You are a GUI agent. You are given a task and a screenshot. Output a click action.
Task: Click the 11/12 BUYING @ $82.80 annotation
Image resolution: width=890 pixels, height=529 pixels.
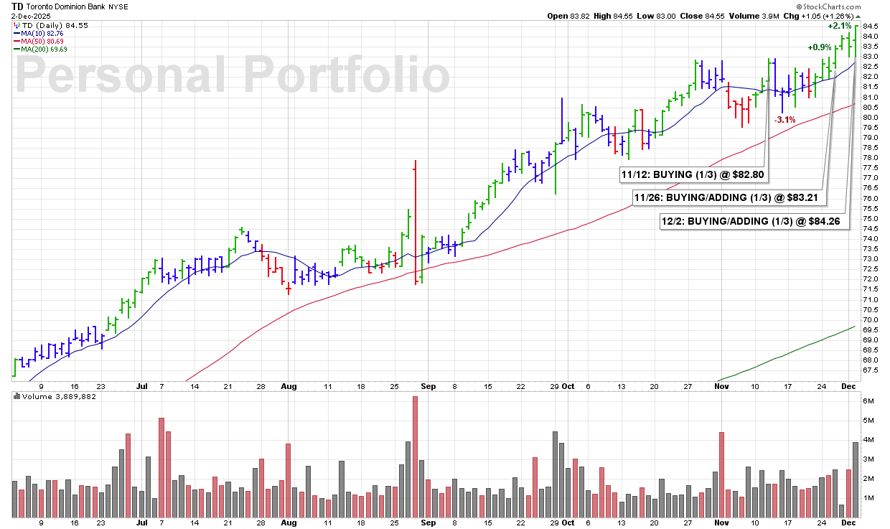click(x=683, y=174)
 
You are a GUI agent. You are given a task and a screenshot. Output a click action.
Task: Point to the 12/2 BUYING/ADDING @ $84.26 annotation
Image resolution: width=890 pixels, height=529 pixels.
click(x=754, y=222)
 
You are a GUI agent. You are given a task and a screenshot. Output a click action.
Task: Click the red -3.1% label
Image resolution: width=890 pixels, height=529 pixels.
click(x=784, y=120)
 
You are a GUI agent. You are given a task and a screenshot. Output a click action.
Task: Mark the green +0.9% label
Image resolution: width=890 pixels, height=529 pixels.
click(x=819, y=47)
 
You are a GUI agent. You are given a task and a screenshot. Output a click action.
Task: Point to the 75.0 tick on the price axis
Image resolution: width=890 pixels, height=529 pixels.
click(x=871, y=218)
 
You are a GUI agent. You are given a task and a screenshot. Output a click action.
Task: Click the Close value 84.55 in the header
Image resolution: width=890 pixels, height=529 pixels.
click(x=726, y=15)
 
